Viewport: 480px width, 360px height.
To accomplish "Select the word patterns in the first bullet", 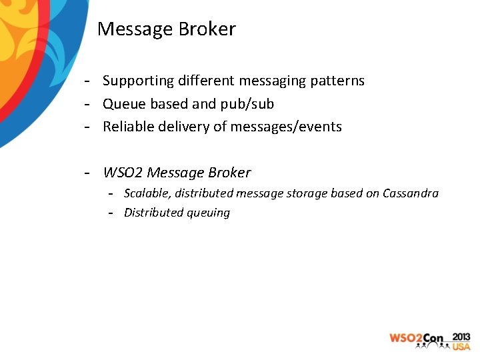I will click(337, 81).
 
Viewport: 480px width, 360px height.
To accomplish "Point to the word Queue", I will click(123, 104).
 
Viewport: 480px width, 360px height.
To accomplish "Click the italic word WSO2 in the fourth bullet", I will click(123, 173).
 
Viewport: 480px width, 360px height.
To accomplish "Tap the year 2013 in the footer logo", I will click(461, 337).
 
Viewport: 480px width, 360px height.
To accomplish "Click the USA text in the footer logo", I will click(461, 347).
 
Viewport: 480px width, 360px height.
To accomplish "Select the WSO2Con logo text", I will click(417, 339).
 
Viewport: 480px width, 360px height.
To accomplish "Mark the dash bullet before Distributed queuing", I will click(112, 213).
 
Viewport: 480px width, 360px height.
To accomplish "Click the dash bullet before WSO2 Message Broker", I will click(87, 173).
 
